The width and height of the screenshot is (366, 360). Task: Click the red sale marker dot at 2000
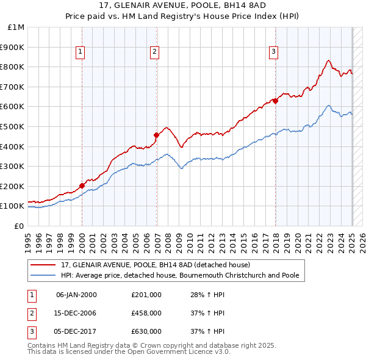pyautogui.click(x=82, y=185)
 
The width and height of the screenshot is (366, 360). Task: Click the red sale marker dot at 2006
pyautogui.click(x=157, y=135)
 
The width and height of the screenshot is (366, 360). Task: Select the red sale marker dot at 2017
pyautogui.click(x=275, y=101)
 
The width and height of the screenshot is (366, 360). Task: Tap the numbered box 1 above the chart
pyautogui.click(x=81, y=52)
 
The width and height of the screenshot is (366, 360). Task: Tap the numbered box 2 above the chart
pyautogui.click(x=155, y=52)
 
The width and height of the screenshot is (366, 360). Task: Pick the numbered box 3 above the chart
pyautogui.click(x=274, y=52)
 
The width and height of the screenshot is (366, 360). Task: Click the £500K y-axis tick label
pyautogui.click(x=13, y=126)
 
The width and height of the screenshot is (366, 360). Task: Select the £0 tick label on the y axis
pyautogui.click(x=20, y=226)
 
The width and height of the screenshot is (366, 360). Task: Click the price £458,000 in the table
pyautogui.click(x=146, y=313)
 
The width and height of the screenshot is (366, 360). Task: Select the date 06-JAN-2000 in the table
pyautogui.click(x=76, y=295)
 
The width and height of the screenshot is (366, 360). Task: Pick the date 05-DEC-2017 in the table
pyautogui.click(x=76, y=331)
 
